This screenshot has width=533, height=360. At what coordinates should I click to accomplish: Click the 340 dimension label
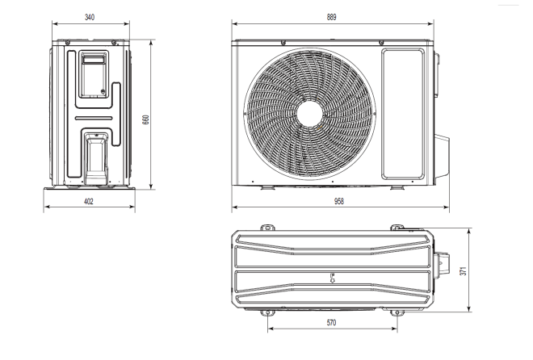tap(89, 16)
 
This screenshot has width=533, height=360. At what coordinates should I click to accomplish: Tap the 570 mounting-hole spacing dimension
tap(331, 322)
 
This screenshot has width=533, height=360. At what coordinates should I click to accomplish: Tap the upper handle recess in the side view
tap(94, 63)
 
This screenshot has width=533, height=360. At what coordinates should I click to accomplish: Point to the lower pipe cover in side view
tap(94, 157)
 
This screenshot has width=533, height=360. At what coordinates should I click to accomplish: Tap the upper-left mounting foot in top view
tap(266, 227)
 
